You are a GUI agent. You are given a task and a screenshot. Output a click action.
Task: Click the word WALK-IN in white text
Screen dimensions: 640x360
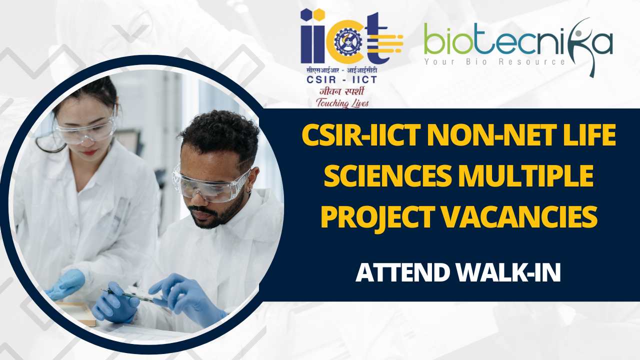coord(509,272)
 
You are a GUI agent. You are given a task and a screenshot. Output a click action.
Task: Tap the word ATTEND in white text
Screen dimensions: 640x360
coord(403,272)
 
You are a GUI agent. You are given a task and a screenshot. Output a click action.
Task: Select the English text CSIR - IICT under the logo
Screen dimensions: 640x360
coord(342,79)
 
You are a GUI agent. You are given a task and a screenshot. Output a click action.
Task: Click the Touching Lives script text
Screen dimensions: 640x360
coord(342,103)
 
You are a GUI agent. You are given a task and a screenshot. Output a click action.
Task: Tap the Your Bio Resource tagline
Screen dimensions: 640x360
coord(494,61)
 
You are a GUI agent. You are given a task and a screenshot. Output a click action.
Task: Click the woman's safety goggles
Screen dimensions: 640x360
coord(85,130)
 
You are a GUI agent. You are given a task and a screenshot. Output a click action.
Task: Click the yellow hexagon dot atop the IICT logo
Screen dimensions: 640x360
coord(319,15)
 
